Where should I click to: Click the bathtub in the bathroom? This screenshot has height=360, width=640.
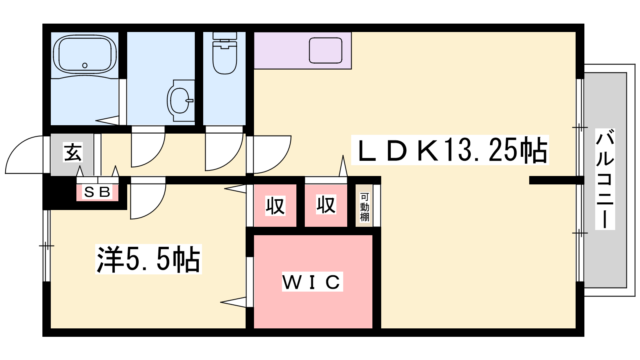point(85,54)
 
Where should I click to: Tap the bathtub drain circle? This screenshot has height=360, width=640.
point(85,66)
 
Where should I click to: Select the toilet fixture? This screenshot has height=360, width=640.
point(225,53)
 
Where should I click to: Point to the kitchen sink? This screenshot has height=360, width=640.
point(326,50)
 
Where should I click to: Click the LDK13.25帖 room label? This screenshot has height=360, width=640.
point(450,150)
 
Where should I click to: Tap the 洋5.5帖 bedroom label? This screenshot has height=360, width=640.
point(148,259)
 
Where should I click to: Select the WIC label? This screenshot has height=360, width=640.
point(312,282)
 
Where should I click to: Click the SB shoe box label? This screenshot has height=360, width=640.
point(98,192)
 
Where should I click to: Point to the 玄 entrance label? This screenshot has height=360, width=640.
point(73,152)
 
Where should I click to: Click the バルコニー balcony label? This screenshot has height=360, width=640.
point(605,179)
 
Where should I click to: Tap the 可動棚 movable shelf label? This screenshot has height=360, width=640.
point(364,207)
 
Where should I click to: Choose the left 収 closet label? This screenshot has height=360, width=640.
point(275,206)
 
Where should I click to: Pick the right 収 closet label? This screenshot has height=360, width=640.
point(326,204)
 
